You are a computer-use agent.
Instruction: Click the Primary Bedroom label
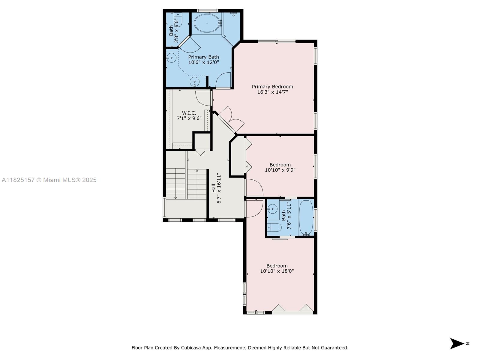point(272,87)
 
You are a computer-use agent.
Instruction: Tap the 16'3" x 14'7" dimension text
point(272,92)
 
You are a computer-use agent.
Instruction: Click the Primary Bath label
point(203,57)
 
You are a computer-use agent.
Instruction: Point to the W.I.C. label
point(189,113)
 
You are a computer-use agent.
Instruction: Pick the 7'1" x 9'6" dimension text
point(189,118)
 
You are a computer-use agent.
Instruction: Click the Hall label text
point(213,188)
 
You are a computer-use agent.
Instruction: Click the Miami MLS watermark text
point(49,180)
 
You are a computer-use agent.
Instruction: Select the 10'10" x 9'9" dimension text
point(280,170)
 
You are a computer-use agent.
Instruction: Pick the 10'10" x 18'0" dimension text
point(277,271)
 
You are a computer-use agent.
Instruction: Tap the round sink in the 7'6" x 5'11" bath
point(272,209)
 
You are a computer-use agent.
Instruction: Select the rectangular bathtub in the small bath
point(306,218)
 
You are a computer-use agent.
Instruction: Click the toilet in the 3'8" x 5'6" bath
point(178,20)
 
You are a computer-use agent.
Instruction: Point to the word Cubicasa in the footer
point(191,347)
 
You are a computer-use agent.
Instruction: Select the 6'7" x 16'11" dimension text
point(219,189)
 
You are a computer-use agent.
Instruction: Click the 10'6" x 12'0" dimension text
point(204,62)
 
